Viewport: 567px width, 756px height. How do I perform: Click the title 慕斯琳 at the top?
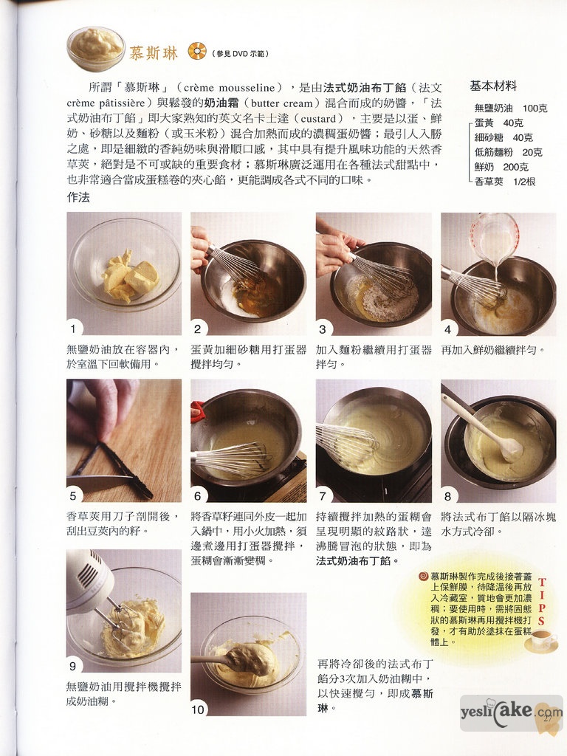[x=153, y=53]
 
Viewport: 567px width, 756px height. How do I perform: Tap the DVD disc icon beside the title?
[x=196, y=51]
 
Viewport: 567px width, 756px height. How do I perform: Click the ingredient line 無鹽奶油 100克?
[x=511, y=108]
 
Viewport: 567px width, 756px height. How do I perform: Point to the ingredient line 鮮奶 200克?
[x=501, y=167]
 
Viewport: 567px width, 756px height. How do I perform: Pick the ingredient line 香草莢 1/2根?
[x=505, y=182]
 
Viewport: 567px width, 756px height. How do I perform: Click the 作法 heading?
[x=78, y=198]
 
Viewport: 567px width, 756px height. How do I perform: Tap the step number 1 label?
[x=73, y=329]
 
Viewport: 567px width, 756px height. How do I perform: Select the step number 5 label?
[x=73, y=495]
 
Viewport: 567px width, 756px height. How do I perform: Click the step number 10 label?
[x=198, y=709]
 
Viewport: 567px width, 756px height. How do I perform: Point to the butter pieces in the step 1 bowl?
[x=129, y=276]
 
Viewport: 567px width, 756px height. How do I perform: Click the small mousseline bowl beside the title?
[x=96, y=49]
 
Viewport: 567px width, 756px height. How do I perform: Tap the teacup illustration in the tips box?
[x=540, y=640]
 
